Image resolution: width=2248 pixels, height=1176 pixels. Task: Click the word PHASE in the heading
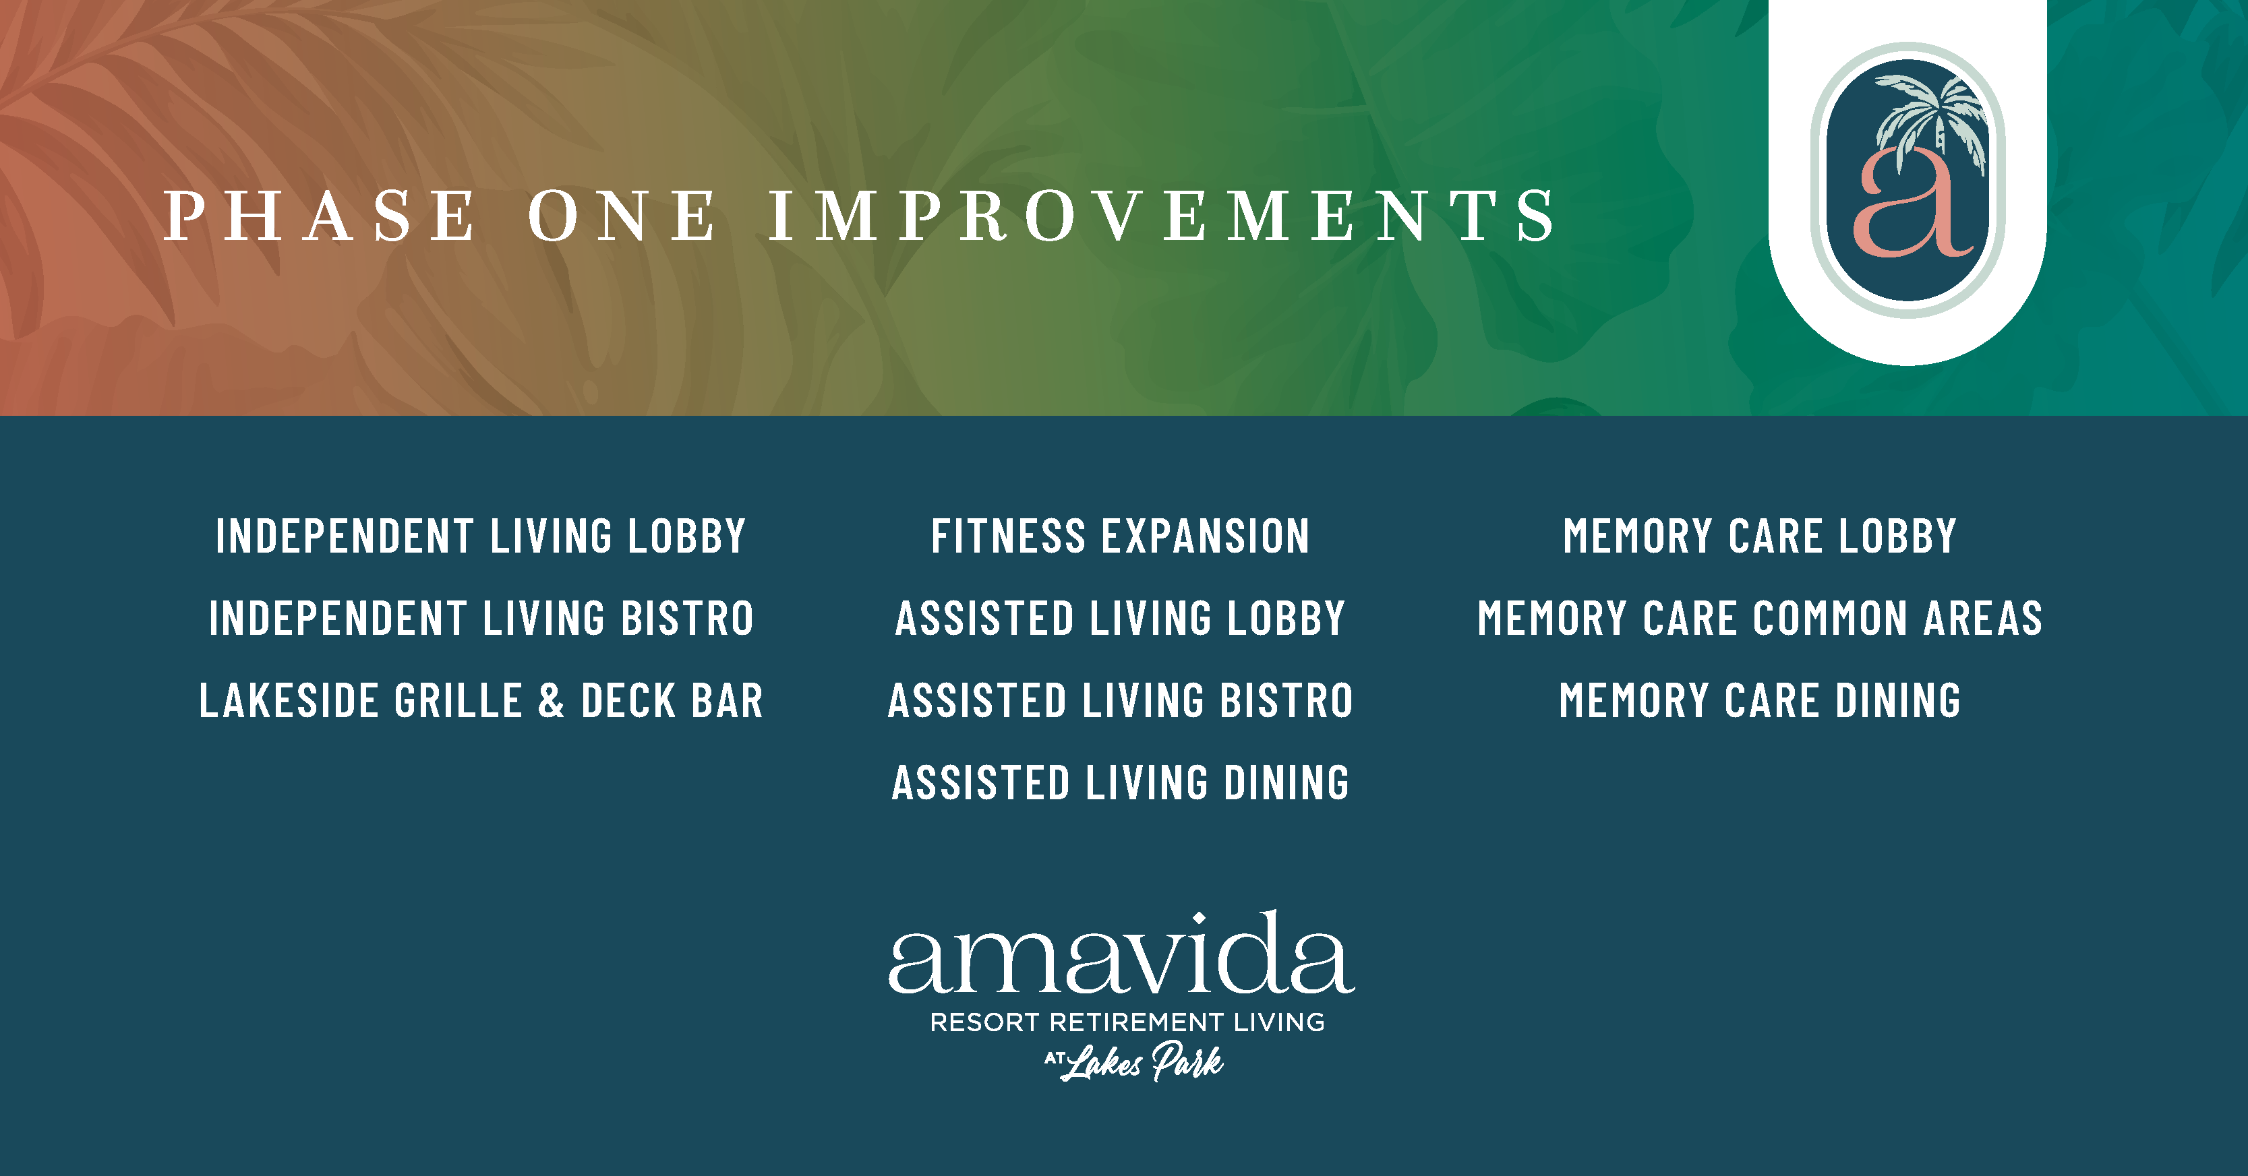click(x=320, y=216)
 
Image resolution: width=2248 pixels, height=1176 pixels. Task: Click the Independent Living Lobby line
click(x=481, y=536)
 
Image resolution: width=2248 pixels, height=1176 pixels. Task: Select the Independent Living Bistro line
click(x=481, y=618)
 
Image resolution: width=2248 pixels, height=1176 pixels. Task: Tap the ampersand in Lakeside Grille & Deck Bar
click(x=551, y=700)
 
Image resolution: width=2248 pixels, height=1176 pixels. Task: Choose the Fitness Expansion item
click(x=1121, y=536)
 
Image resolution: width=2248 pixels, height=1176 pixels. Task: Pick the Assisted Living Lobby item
click(x=1121, y=618)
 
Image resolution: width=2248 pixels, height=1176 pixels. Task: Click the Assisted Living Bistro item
click(x=1121, y=700)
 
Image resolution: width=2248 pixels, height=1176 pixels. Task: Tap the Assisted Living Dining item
click(x=1121, y=782)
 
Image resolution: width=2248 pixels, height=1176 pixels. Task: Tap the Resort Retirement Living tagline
click(x=1127, y=1022)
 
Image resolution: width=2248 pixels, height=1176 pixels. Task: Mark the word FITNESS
click(x=1008, y=536)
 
